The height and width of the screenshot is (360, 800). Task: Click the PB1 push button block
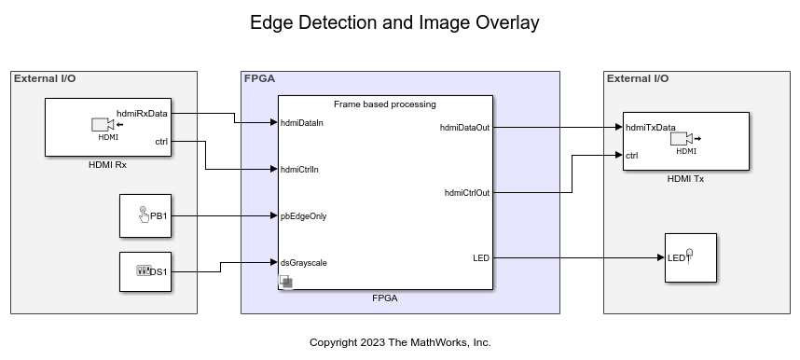point(145,216)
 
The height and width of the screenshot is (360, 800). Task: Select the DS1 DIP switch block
point(145,271)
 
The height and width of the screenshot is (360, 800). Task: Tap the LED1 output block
point(691,257)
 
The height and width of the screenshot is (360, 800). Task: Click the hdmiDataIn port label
point(301,123)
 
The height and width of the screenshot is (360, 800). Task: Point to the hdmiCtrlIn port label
point(299,170)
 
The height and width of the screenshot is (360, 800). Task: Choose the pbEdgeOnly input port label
point(304,216)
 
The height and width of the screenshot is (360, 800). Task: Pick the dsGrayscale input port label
point(304,263)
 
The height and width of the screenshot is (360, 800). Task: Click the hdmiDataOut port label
point(464,128)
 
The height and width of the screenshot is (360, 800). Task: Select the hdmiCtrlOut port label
point(467,192)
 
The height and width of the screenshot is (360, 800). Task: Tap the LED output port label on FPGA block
point(481,257)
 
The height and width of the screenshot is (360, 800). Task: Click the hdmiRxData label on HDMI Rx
point(142,114)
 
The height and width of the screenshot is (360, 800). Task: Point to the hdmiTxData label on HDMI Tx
point(651,128)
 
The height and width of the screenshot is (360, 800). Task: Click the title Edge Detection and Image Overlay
point(394,23)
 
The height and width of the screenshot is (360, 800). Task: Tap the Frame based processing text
point(385,104)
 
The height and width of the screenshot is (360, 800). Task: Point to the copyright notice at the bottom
point(400,342)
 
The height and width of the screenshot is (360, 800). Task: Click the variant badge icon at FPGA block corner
point(285,282)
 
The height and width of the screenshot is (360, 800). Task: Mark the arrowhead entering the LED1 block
point(661,257)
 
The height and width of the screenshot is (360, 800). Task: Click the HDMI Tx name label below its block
point(685,179)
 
